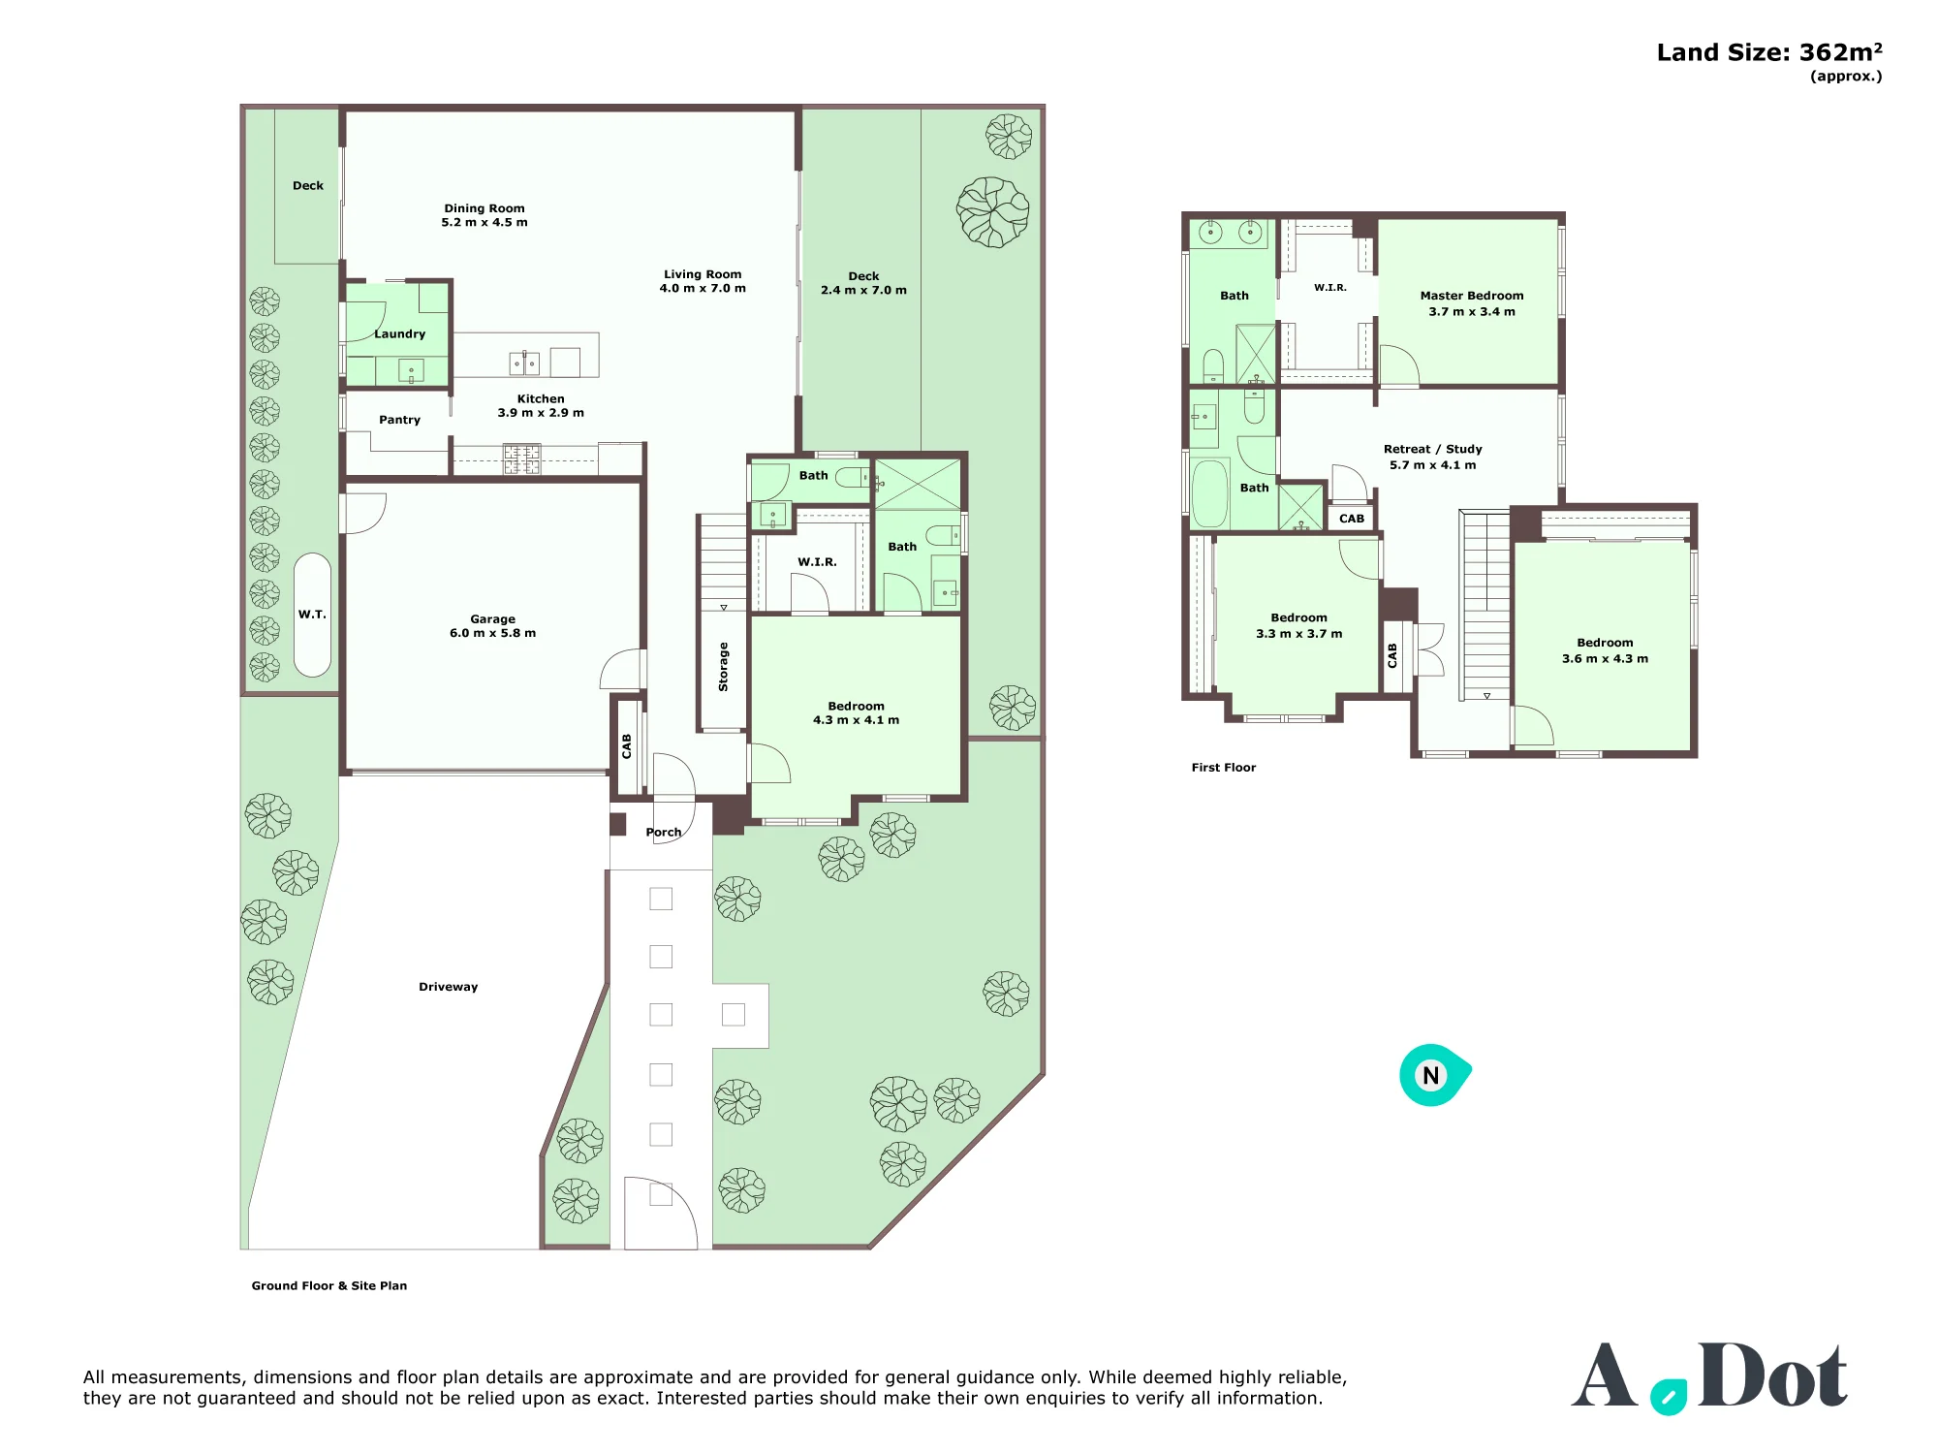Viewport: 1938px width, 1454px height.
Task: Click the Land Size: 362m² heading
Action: pyautogui.click(x=1769, y=52)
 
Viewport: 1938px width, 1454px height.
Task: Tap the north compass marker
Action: pyautogui.click(x=1434, y=1075)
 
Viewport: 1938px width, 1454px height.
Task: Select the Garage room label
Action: pyautogui.click(x=492, y=618)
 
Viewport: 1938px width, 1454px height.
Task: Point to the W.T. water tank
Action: pyautogui.click(x=312, y=615)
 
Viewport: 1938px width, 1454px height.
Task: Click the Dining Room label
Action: pyautogui.click(x=484, y=208)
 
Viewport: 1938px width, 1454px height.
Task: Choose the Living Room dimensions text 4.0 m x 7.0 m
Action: pyautogui.click(x=703, y=288)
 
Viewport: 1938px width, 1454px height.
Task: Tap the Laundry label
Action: pyautogui.click(x=399, y=333)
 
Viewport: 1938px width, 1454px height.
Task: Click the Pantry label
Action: pyautogui.click(x=399, y=420)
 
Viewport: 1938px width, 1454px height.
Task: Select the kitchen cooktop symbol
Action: pyautogui.click(x=521, y=458)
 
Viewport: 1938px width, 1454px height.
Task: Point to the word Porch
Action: pyautogui.click(x=664, y=832)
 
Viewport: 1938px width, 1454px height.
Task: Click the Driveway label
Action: pyautogui.click(x=448, y=987)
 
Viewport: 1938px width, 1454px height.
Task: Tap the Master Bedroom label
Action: pyautogui.click(x=1472, y=296)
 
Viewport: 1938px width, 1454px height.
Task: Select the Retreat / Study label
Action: pyautogui.click(x=1433, y=449)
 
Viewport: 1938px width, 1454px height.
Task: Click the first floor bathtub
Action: pyautogui.click(x=1209, y=493)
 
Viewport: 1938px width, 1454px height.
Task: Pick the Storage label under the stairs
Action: pyautogui.click(x=723, y=667)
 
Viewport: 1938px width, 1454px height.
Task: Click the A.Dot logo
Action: pyautogui.click(x=1709, y=1376)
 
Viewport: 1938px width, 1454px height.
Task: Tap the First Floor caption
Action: pyautogui.click(x=1223, y=767)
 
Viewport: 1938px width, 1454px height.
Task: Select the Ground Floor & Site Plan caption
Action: pyautogui.click(x=329, y=1285)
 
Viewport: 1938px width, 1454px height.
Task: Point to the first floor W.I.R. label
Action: pyautogui.click(x=1330, y=288)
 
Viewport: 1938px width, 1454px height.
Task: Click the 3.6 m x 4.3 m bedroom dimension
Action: pyautogui.click(x=1605, y=658)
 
